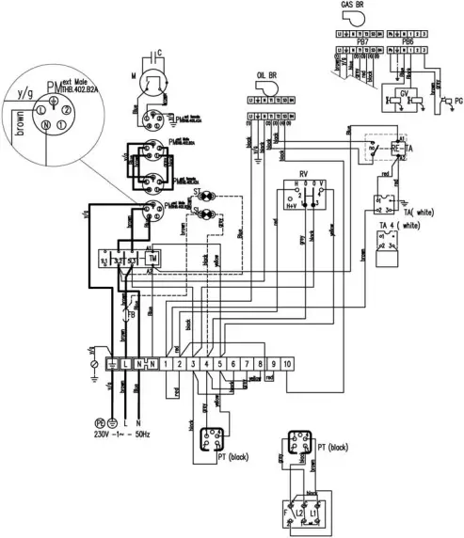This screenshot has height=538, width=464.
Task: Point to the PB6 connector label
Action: click(x=408, y=42)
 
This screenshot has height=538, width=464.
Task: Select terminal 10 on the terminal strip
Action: click(x=286, y=362)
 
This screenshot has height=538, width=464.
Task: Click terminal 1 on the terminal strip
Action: click(x=166, y=362)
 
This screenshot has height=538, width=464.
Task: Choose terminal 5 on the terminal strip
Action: click(x=219, y=362)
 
